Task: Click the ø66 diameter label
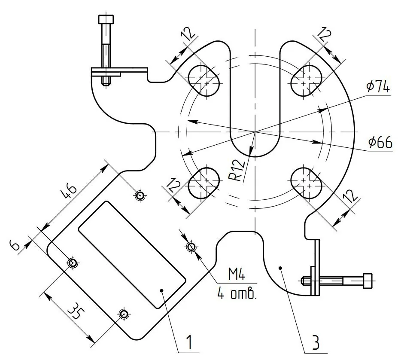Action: pos(380,142)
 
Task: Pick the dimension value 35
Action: pos(76,311)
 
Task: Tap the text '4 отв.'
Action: pos(237,293)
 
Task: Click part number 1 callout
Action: pos(189,342)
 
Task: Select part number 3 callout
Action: pos(316,342)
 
